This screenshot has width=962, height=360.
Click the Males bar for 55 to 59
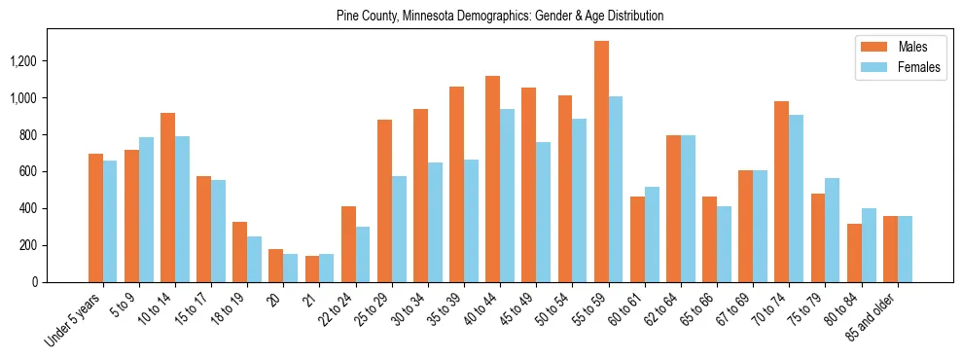pos(602,162)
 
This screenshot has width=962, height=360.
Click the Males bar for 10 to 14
pos(167,198)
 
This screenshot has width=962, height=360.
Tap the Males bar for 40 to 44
pos(493,179)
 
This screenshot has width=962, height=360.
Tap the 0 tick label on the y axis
pos(61,282)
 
